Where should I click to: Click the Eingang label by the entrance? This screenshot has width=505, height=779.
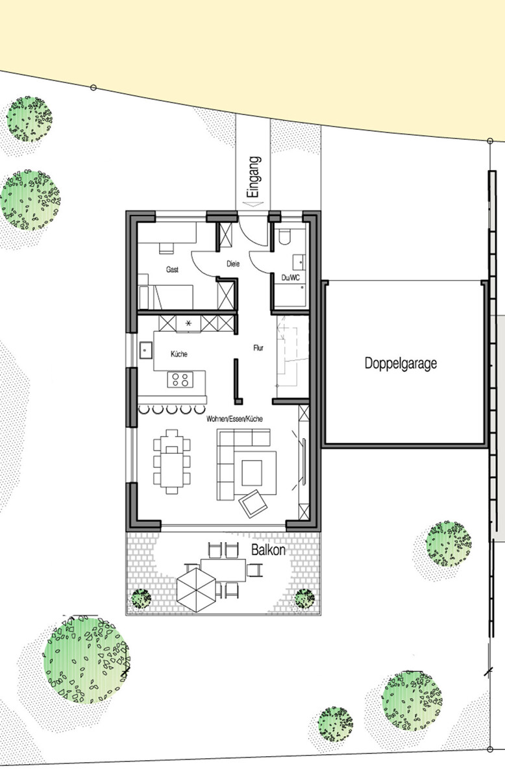(254, 176)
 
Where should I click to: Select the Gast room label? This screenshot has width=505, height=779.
(172, 269)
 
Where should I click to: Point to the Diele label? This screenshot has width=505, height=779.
(233, 264)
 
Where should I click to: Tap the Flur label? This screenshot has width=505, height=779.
(258, 347)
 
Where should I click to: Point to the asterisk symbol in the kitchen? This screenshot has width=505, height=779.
(189, 323)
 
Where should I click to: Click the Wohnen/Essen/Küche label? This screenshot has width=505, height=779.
(234, 419)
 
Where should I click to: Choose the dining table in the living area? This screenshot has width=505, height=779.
(173, 462)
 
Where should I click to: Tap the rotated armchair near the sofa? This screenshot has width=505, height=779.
(252, 503)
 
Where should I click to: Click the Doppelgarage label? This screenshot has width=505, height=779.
(400, 363)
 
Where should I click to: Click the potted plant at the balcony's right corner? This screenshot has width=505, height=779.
(304, 599)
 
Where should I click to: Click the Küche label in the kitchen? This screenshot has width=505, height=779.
(179, 354)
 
